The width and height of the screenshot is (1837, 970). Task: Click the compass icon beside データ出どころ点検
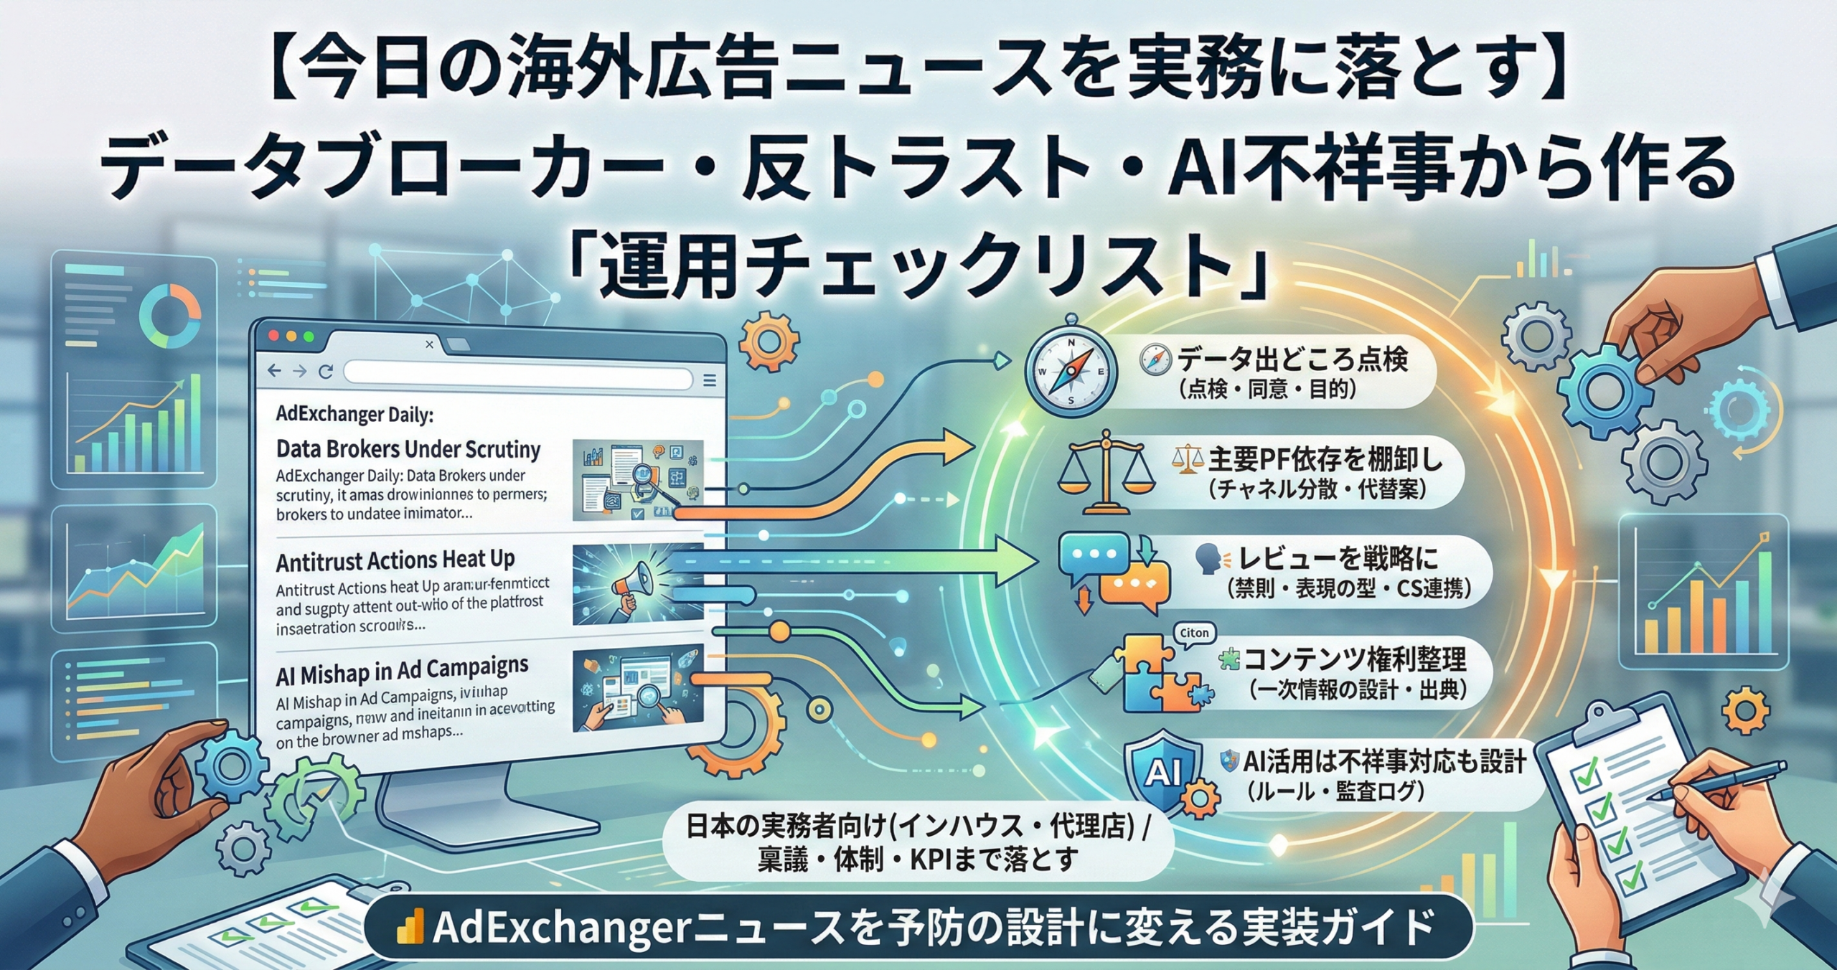click(x=1071, y=372)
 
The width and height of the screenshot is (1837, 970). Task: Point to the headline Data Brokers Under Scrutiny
click(x=408, y=449)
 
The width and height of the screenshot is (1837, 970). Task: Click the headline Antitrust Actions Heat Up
click(x=395, y=560)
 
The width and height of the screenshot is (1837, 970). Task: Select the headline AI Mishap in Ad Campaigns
click(x=402, y=672)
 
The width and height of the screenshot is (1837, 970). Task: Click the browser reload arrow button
click(x=326, y=372)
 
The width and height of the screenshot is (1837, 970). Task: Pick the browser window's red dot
click(x=273, y=336)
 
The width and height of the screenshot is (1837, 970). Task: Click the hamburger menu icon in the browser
click(x=710, y=380)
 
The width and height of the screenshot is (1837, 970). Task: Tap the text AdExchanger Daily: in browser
click(x=354, y=414)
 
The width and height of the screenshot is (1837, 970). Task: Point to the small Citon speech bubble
click(x=1194, y=634)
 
